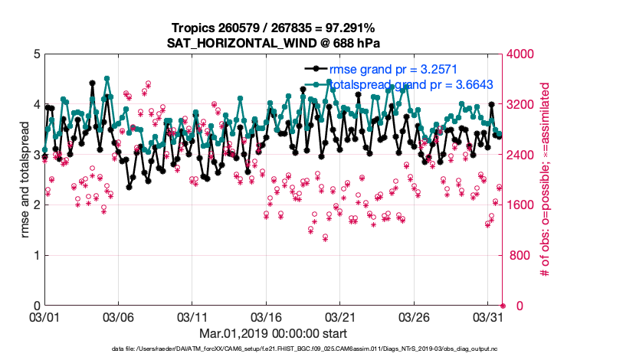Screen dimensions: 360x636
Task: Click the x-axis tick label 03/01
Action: point(44,316)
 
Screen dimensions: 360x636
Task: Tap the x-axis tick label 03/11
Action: point(192,316)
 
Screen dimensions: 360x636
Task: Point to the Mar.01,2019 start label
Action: point(274,334)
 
